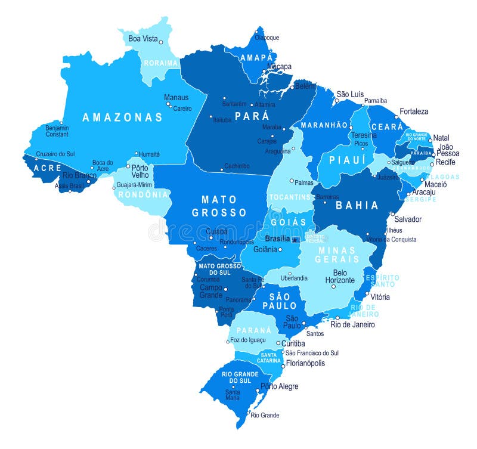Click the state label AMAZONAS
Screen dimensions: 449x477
point(122,117)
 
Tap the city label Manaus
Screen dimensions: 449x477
point(176,97)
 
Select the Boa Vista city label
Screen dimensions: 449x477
point(143,39)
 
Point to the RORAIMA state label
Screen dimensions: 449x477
point(160,63)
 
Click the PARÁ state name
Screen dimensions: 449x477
point(252,116)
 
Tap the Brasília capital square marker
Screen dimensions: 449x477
point(295,239)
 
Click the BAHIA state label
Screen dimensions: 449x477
point(357,206)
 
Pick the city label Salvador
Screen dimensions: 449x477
point(408,219)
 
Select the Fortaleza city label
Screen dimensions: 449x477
point(414,112)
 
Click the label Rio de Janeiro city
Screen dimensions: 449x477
point(353,324)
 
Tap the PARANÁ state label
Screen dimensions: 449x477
point(253,331)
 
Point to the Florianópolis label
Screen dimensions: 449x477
point(305,363)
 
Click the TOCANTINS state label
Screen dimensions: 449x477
point(290,197)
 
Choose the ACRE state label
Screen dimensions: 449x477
point(48,168)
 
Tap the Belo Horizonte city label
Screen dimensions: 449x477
point(340,276)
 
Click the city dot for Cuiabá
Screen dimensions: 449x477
point(210,237)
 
